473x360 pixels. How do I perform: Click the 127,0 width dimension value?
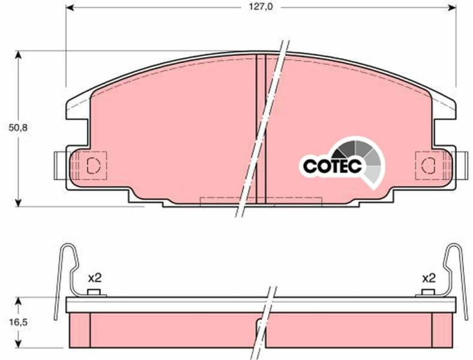point(261,7)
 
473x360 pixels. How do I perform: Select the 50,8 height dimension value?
point(18,128)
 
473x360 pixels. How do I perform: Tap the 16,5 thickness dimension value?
point(18,322)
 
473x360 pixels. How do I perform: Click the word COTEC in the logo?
point(332,166)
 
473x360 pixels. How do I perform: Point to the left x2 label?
point(95,278)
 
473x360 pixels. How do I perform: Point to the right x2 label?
point(429,278)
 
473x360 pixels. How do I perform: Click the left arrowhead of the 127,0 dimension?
point(70,7)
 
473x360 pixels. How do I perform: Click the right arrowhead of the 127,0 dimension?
point(452,7)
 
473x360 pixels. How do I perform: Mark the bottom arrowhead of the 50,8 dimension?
point(19,202)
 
